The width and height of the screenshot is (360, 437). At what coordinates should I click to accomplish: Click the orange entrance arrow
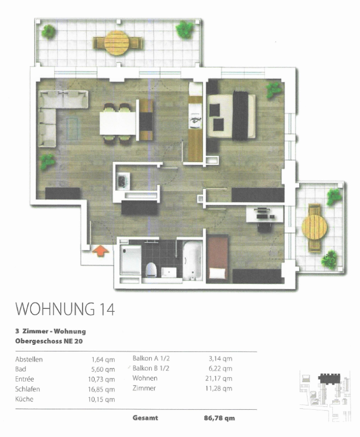tap(101, 251)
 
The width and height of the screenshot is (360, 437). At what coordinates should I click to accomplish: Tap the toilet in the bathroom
tap(152, 269)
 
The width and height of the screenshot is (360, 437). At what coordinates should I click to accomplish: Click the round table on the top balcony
tap(117, 43)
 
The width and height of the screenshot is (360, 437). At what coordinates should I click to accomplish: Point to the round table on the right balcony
tap(314, 227)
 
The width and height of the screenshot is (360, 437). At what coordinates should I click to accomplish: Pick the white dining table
tap(118, 123)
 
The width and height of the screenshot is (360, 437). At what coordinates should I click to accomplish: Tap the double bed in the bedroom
tap(231, 116)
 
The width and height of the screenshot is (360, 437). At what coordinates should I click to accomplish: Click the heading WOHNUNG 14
tap(65, 309)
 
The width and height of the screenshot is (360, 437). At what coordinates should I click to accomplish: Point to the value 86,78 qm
tap(219, 418)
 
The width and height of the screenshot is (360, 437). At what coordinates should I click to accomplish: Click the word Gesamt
tap(146, 418)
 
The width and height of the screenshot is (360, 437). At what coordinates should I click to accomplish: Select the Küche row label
tap(24, 399)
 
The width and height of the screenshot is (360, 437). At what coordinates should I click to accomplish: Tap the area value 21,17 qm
tap(218, 378)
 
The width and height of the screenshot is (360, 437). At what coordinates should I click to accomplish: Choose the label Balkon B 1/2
tap(151, 368)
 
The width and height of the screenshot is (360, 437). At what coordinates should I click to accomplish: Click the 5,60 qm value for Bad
tap(103, 370)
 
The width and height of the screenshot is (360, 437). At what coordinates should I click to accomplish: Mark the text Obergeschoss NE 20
tap(49, 341)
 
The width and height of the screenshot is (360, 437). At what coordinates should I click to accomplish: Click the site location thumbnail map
tap(325, 395)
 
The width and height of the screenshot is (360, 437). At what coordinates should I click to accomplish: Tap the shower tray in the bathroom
tap(131, 260)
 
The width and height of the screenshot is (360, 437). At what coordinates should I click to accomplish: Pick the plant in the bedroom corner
tap(274, 90)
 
